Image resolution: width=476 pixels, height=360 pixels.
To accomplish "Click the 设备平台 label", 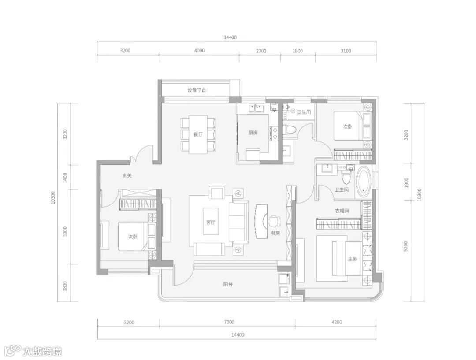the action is pyautogui.click(x=197, y=90).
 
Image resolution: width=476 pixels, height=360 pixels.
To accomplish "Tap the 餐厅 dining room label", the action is pyautogui.click(x=198, y=134).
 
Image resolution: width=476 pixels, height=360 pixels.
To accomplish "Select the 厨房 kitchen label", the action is pyautogui.click(x=253, y=132).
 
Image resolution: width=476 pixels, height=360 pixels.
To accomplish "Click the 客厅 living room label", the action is pyautogui.click(x=211, y=222).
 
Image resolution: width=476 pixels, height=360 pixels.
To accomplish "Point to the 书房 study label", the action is pyautogui.click(x=275, y=234).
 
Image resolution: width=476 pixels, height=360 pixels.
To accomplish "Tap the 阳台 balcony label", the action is pyautogui.click(x=228, y=284).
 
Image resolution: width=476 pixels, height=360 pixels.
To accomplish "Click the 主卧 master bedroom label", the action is pyautogui.click(x=353, y=259).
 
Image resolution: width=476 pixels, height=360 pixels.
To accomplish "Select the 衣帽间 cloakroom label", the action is pyautogui.click(x=342, y=211).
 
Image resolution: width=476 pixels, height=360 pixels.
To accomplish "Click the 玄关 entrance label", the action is pyautogui.click(x=127, y=175).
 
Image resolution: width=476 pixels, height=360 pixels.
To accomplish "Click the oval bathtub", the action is pyautogui.click(x=364, y=182).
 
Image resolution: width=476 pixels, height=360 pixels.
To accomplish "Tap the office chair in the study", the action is pyautogui.click(x=274, y=221).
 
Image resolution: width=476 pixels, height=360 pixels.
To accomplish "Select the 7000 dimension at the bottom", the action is pyautogui.click(x=229, y=322).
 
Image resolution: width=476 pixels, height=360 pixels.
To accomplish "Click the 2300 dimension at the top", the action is pyautogui.click(x=261, y=51).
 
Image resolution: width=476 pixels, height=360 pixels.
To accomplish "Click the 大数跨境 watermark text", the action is pyautogui.click(x=42, y=352).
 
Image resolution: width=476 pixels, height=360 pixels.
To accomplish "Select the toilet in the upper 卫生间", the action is pyautogui.click(x=290, y=130).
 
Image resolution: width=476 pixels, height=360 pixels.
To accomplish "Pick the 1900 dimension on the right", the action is pyautogui.click(x=406, y=182).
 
